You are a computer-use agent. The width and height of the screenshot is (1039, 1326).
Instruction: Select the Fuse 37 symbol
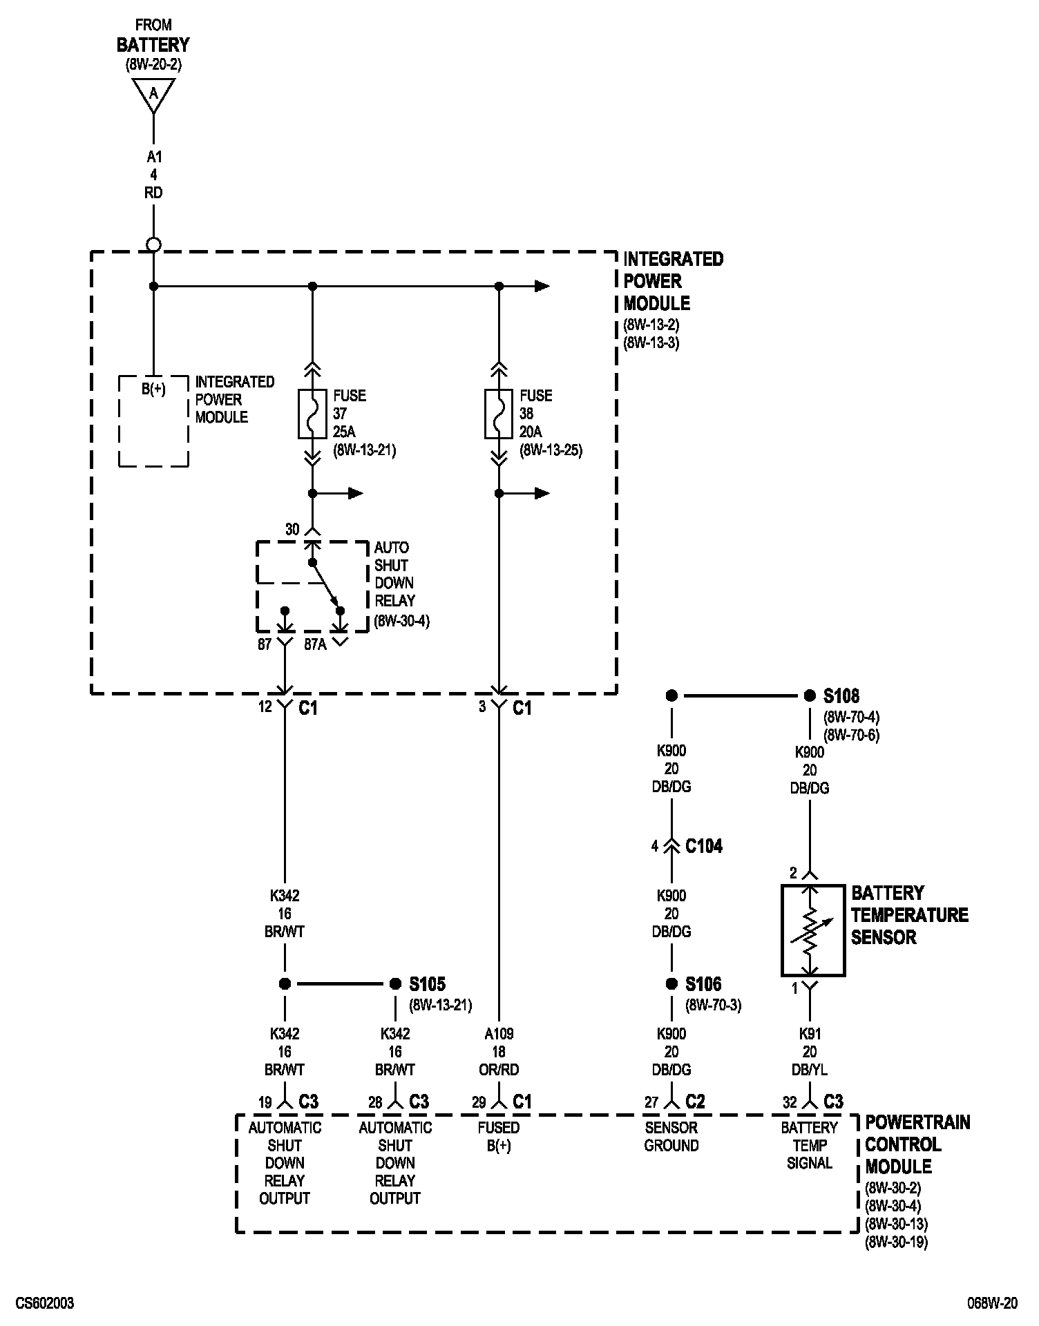pos(312,414)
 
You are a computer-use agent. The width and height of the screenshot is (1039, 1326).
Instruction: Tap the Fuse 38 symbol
pos(499,414)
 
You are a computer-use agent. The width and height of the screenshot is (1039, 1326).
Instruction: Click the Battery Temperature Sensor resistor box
pos(813,930)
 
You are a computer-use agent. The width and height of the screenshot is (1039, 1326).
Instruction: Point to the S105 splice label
pos(428,983)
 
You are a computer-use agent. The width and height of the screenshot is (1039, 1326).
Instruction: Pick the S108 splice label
pos(841,695)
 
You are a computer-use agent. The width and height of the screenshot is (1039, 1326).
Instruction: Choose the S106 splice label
pos(703,983)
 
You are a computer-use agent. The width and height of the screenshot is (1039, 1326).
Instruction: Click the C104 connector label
pos(704,846)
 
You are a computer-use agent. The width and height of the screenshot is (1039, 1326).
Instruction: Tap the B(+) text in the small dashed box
pos(153,389)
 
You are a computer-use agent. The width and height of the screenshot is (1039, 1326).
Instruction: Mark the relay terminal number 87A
pos(315,646)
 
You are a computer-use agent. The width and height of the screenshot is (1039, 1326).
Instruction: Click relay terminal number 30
pos(292,529)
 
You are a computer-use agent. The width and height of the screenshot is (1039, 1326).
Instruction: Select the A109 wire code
pos(499,1034)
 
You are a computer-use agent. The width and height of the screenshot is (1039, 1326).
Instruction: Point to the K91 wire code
pos(810,1034)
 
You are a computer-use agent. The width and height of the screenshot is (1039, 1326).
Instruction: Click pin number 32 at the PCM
pos(790,1102)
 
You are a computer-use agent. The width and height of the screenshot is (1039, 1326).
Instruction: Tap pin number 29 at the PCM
pos(479,1102)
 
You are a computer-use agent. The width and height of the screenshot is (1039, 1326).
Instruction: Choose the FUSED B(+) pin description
pos(499,1137)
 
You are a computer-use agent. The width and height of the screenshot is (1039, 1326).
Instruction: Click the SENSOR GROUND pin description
pos(671,1137)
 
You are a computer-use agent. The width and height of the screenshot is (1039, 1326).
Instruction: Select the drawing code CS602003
pos(45,1304)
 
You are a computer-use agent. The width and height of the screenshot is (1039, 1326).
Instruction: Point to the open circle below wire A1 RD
pos(153,244)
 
